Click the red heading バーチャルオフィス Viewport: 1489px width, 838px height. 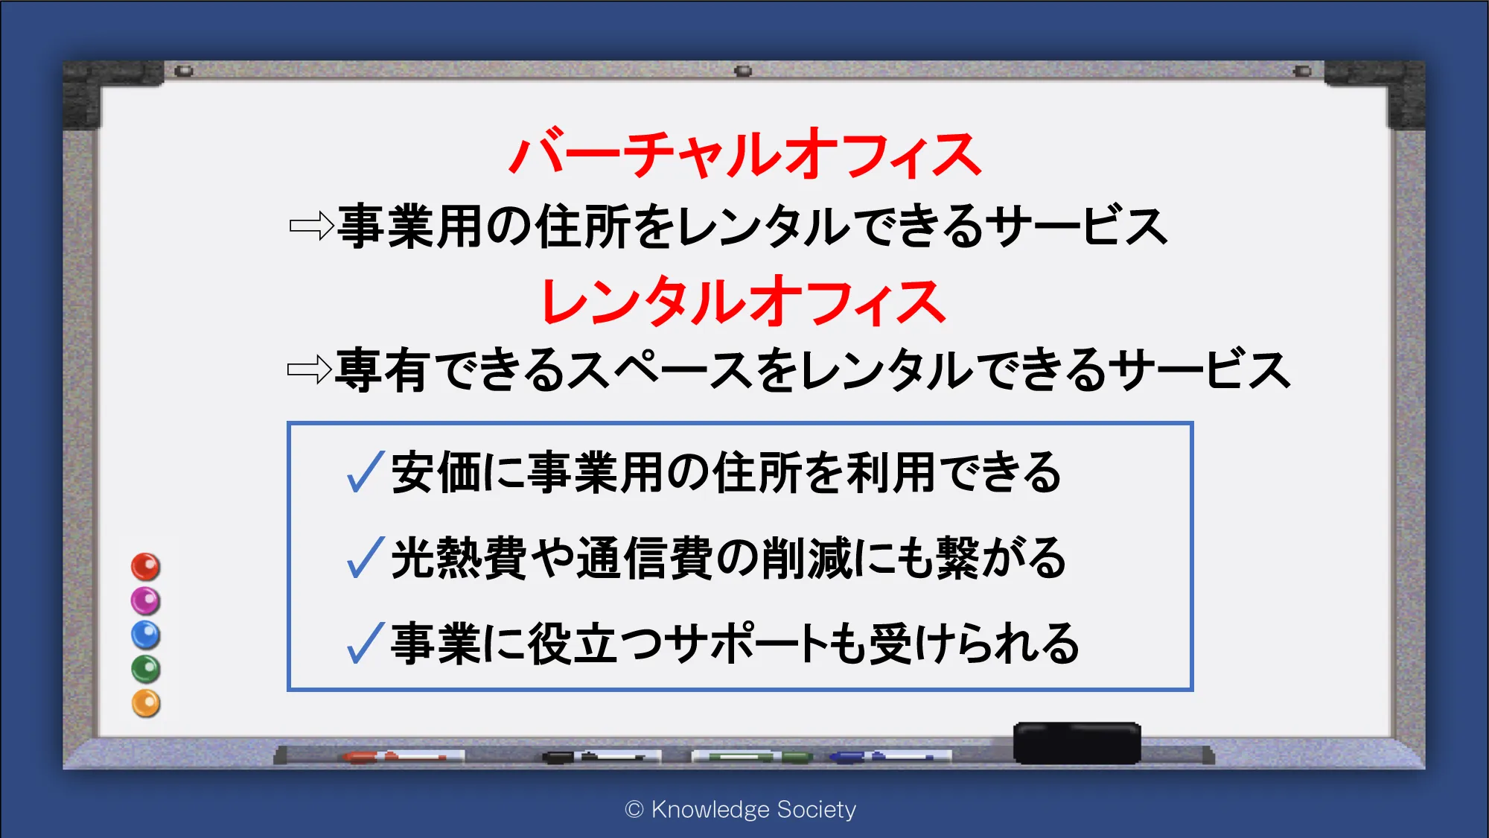(x=745, y=154)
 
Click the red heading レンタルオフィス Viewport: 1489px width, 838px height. (x=744, y=302)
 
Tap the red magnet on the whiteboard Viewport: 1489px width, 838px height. (x=146, y=567)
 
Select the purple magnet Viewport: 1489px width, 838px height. (x=146, y=601)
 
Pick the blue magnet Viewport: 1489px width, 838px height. (x=146, y=635)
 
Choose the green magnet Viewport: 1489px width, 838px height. (x=146, y=670)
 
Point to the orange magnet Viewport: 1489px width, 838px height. (x=146, y=704)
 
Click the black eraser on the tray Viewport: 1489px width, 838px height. (x=1077, y=743)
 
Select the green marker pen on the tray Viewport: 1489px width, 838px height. (x=752, y=757)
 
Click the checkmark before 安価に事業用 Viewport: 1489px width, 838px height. (x=366, y=472)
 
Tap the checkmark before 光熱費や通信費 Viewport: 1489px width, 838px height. (x=366, y=558)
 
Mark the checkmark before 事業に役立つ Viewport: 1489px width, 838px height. (x=366, y=643)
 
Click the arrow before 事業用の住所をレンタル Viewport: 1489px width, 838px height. (x=311, y=226)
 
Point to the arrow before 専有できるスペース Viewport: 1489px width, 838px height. (x=310, y=369)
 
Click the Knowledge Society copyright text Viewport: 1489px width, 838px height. (x=741, y=809)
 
